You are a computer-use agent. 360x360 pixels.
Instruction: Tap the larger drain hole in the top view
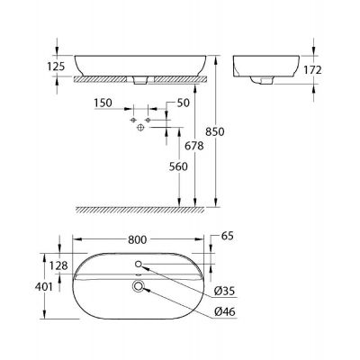(x=139, y=286)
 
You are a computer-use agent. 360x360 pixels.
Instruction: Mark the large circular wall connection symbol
(x=139, y=129)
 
